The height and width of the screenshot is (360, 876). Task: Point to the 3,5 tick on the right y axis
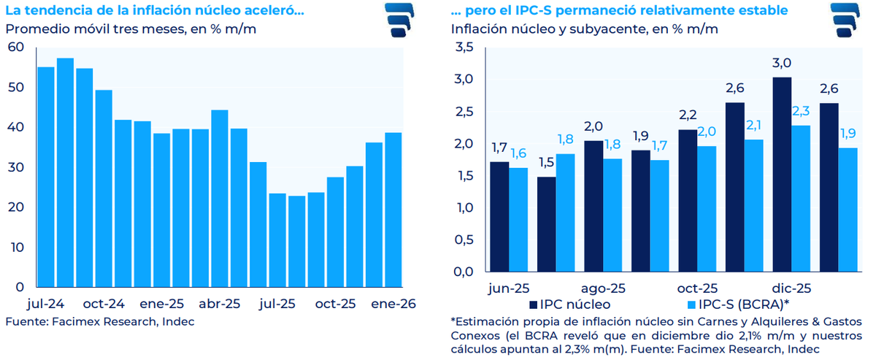pyautogui.click(x=464, y=47)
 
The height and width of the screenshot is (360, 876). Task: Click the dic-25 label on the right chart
pyautogui.click(x=791, y=288)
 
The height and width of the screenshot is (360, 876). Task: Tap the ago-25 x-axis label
pyautogui.click(x=603, y=288)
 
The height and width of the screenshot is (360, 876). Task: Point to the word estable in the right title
pyautogui.click(x=765, y=10)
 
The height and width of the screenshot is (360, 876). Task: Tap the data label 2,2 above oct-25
pyautogui.click(x=688, y=115)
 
